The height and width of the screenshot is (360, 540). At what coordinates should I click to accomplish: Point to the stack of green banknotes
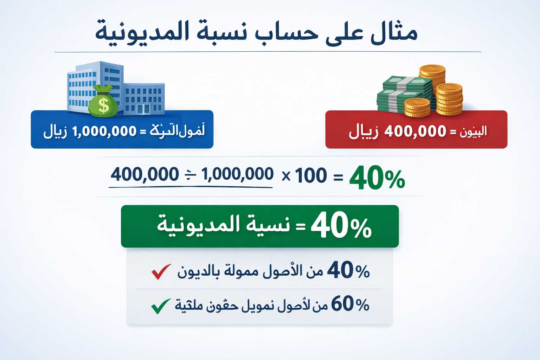tap(404, 93)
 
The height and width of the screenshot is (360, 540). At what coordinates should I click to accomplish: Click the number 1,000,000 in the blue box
tap(104, 131)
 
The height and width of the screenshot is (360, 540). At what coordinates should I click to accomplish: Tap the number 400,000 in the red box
tap(415, 131)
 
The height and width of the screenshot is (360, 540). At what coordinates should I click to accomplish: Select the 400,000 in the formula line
tap(145, 174)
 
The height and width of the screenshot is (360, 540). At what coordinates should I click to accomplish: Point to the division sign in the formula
tap(190, 175)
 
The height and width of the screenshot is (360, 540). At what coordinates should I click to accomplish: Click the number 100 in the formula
tap(311, 175)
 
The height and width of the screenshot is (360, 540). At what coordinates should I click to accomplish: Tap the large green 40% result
tap(377, 178)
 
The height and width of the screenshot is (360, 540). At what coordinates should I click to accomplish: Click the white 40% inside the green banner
tap(341, 226)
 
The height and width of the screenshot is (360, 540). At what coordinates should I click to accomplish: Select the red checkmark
tap(161, 271)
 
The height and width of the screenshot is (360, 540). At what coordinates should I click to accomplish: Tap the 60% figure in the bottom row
tap(350, 304)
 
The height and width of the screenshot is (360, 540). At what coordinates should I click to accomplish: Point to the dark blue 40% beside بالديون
tap(348, 271)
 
